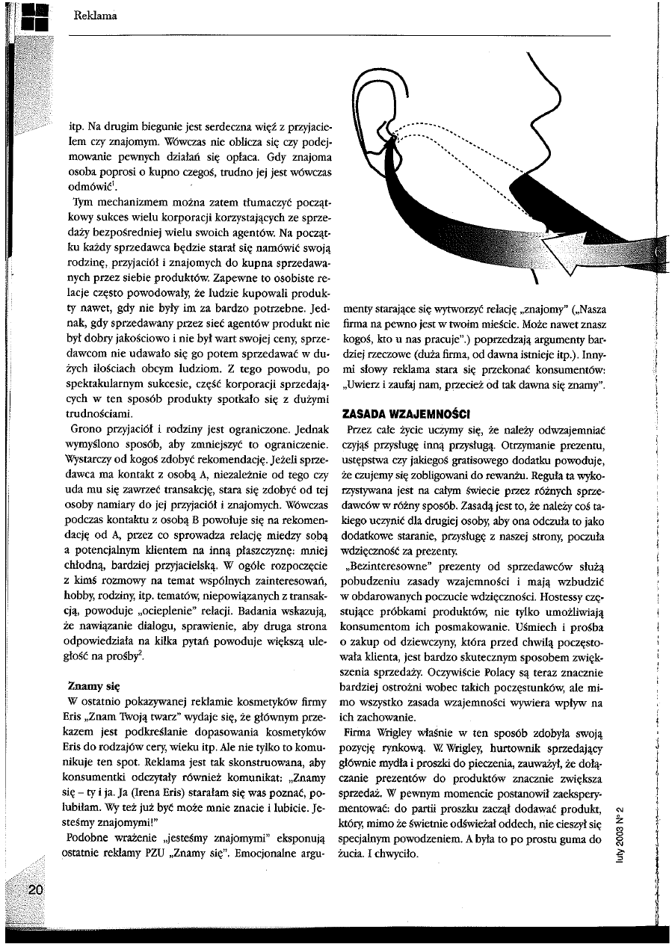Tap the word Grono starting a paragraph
[x=85, y=430]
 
